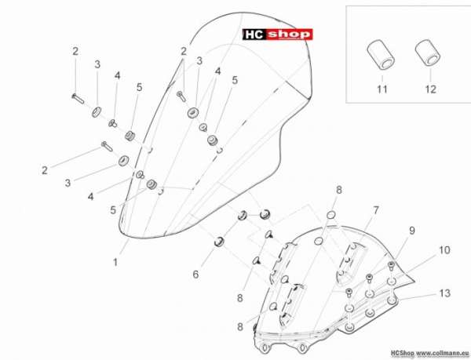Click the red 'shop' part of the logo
click(289, 35)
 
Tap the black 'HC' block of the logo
click(254, 35)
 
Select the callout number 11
click(382, 89)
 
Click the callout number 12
click(430, 89)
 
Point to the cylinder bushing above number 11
click(381, 56)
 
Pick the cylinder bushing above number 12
click(428, 53)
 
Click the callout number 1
click(115, 263)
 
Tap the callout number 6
click(195, 274)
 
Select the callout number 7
click(376, 210)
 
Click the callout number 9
click(412, 230)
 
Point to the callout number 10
click(444, 250)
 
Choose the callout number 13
click(444, 293)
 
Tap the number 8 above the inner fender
click(339, 190)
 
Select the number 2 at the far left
click(45, 170)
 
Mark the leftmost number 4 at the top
click(117, 75)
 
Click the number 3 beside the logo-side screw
click(199, 61)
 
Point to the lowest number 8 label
click(240, 327)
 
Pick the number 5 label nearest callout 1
click(113, 210)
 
